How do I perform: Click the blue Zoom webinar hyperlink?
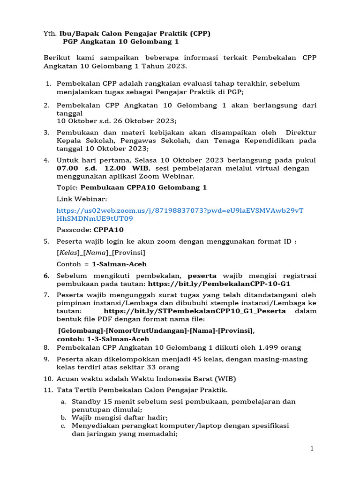pyautogui.click(x=180, y=214)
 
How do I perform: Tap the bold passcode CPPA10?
pyautogui.click(x=109, y=230)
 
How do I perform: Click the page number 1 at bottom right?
pyautogui.click(x=312, y=449)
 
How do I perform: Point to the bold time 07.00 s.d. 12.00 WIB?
pyautogui.click(x=103, y=168)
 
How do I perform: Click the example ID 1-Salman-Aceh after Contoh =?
pyautogui.click(x=119, y=264)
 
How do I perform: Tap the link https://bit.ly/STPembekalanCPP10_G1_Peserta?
pyautogui.click(x=195, y=311)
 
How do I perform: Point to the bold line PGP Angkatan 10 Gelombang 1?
pyautogui.click(x=121, y=42)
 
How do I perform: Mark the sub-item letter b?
pyautogui.click(x=63, y=417)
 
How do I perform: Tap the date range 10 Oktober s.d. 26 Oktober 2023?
pyautogui.click(x=117, y=120)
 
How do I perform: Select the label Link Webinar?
pyautogui.click(x=82, y=199)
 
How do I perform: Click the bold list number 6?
pyautogui.click(x=46, y=276)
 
